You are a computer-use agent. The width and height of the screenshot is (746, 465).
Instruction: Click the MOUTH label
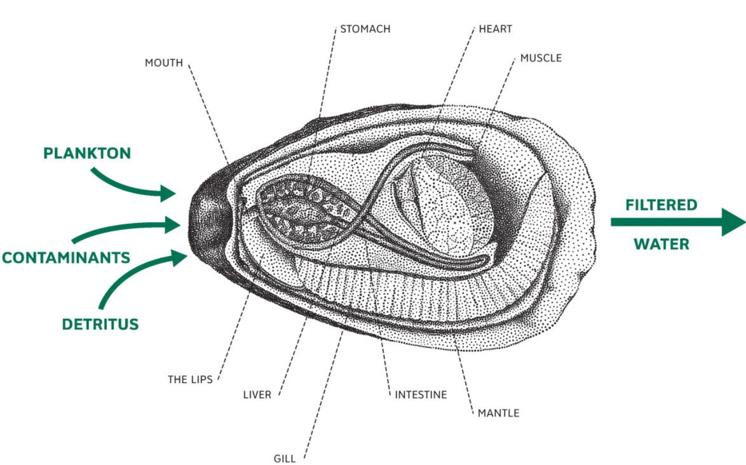pos(163,63)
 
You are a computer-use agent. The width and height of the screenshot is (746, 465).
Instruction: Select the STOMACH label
pos(365,29)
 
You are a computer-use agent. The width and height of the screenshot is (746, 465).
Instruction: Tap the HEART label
pos(495,29)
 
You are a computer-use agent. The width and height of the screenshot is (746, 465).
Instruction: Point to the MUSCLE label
pos(541,58)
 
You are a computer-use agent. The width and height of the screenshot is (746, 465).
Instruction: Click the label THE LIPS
pos(190,380)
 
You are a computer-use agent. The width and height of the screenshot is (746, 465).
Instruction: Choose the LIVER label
pos(257,395)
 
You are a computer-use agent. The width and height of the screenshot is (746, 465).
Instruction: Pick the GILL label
pos(285,459)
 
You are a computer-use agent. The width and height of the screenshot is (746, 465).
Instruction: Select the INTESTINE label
pos(421,395)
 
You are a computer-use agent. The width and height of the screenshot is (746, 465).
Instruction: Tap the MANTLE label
pos(498,414)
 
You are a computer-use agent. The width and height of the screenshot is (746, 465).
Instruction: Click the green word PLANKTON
pos(87,153)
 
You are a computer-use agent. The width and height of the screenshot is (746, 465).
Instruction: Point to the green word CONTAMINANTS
pos(65,257)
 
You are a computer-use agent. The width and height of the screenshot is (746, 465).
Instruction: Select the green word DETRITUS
pos(100,324)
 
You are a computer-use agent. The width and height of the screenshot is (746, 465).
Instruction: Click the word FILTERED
pos(661,205)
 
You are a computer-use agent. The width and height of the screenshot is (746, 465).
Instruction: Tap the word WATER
pos(661,244)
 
